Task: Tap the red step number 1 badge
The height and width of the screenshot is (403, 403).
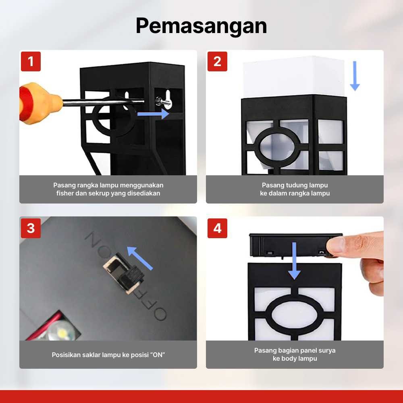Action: coord(31,61)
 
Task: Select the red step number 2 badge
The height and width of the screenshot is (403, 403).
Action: coord(218,61)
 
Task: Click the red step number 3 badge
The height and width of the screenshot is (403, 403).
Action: coord(31,228)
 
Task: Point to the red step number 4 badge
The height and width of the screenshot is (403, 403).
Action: coord(218,228)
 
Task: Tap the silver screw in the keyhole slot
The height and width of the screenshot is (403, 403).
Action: coord(163,102)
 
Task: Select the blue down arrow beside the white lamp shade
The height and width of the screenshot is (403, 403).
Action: coord(355,76)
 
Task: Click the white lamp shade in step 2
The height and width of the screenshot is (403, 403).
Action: coord(294,77)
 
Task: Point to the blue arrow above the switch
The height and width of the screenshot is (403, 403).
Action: coord(140,258)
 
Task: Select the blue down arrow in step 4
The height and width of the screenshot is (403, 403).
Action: coord(294,261)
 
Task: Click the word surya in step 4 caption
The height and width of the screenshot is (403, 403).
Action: coord(328,351)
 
